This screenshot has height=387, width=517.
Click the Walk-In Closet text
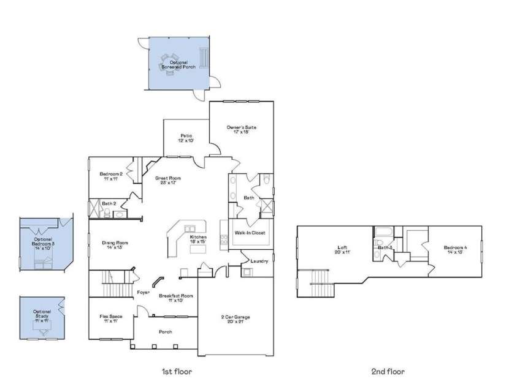[x=250, y=233]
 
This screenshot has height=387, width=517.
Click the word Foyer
[x=144, y=292]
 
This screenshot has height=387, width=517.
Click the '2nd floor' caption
[x=388, y=371]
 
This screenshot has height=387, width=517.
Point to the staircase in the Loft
[x=320, y=280]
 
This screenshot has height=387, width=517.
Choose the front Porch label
[x=166, y=331]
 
